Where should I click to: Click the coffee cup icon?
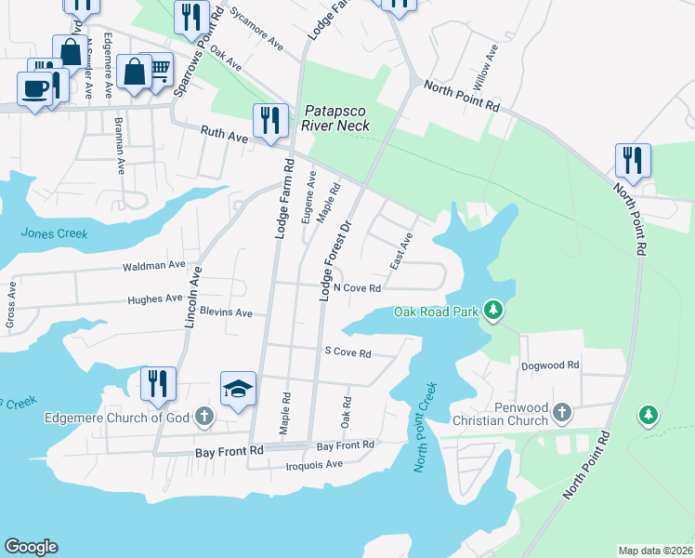pyautogui.click(x=36, y=89)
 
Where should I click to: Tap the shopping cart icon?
pyautogui.click(x=160, y=69)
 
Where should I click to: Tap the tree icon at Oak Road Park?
pyautogui.click(x=495, y=310)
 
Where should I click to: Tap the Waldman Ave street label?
pyautogui.click(x=154, y=266)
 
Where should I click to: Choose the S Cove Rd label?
pyautogui.click(x=347, y=353)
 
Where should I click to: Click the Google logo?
pyautogui.click(x=31, y=547)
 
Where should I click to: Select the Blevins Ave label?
pyautogui.click(x=226, y=313)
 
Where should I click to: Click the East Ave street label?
pyautogui.click(x=400, y=252)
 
